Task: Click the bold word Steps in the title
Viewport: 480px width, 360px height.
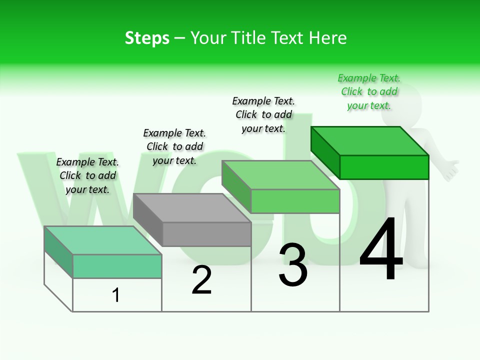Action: tap(147, 38)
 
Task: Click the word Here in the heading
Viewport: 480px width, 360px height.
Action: tap(328, 38)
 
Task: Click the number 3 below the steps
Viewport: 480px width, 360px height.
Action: tap(293, 265)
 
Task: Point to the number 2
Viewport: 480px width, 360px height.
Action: tap(201, 280)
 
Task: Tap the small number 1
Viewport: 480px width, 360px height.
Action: tap(116, 295)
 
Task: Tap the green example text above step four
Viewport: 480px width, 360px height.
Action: tap(369, 92)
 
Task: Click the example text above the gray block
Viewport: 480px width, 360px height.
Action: tap(174, 146)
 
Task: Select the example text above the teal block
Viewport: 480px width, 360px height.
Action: tap(87, 175)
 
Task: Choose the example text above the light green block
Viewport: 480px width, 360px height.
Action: tap(263, 114)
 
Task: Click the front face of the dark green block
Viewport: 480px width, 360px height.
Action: tap(384, 167)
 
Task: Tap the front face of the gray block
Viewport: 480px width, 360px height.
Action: tap(206, 234)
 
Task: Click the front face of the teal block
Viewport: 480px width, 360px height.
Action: tap(117, 266)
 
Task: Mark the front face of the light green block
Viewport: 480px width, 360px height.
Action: tap(295, 201)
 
